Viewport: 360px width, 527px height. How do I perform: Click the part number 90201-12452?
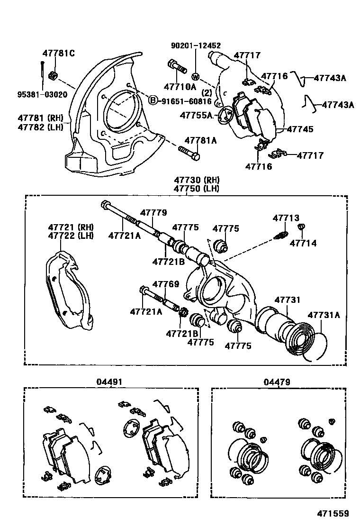[x=196, y=45]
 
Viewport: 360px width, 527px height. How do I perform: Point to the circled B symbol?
[x=153, y=100]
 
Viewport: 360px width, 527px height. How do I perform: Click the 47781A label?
[x=200, y=140]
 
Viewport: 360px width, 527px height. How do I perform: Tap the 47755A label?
[x=197, y=115]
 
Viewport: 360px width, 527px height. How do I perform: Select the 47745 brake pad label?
[x=299, y=128]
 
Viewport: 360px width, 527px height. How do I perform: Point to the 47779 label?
[x=153, y=213]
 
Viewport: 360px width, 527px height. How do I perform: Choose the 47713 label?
[x=286, y=218]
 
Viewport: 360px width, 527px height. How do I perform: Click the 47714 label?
[x=303, y=243]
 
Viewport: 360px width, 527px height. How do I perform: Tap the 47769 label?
[x=165, y=284]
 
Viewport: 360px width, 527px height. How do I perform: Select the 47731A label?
[x=324, y=314]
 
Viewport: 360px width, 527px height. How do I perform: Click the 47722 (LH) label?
[x=71, y=236]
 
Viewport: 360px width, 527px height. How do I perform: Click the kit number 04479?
[x=278, y=382]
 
